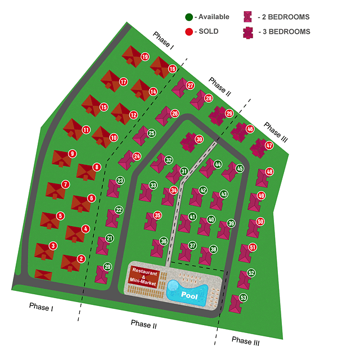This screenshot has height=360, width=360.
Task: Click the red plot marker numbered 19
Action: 145,57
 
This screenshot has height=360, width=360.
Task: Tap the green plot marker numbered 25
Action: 151,133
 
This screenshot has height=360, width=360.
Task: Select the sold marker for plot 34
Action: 174,190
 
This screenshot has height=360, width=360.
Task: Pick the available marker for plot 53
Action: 244,298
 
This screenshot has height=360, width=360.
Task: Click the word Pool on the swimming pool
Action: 189,295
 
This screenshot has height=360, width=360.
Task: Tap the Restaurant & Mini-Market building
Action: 143,276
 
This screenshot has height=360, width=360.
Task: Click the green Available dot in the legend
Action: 189,17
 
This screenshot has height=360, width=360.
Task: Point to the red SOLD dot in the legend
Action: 189,31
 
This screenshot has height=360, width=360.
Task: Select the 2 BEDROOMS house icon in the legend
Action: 247,17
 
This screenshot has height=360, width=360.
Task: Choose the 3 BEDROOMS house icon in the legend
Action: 248,33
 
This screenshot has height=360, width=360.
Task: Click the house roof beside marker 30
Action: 189,142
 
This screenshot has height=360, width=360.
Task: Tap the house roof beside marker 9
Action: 61,159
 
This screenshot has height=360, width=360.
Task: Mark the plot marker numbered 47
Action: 269,145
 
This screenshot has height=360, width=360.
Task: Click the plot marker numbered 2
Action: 81,259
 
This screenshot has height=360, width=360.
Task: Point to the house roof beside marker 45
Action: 231,172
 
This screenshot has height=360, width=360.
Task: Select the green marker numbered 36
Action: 164,241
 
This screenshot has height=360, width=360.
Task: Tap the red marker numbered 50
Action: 260,222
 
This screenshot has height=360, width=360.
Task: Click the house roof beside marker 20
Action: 102,274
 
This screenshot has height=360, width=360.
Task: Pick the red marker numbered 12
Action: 133,115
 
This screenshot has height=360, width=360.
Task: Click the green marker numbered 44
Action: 218,164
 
